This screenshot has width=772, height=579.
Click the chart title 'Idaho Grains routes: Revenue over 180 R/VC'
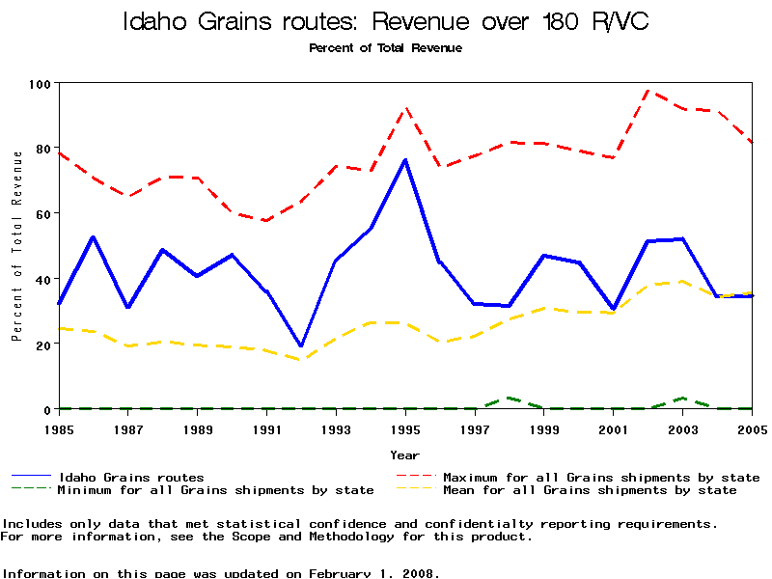pos(385,22)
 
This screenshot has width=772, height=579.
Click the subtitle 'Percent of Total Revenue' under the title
pos(385,47)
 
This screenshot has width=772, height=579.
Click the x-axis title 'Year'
pos(404,455)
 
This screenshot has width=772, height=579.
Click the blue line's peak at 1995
pos(405,160)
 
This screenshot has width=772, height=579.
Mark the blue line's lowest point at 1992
pos(301,345)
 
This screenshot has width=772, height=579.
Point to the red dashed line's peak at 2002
pos(648,91)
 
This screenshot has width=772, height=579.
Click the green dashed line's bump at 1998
pos(509,398)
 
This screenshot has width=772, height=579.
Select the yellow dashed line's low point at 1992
pos(301,360)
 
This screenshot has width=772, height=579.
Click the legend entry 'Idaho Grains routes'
pos(131,477)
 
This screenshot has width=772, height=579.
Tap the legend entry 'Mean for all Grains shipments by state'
pos(589,490)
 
